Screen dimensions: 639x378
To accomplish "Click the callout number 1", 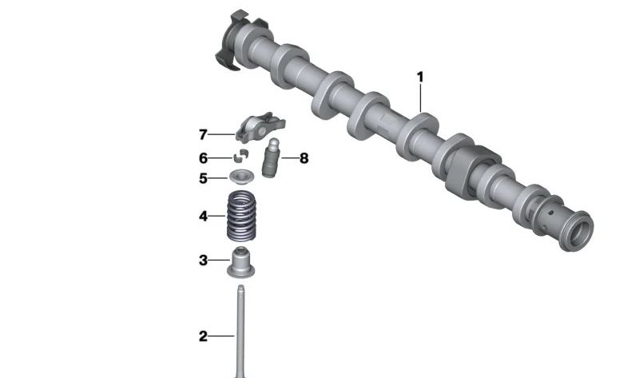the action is pyautogui.click(x=420, y=77).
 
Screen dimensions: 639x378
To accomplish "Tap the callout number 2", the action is pyautogui.click(x=203, y=336).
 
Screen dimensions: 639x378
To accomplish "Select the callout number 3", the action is pyautogui.click(x=203, y=261).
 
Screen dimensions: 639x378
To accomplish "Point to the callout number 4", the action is pyautogui.click(x=203, y=216).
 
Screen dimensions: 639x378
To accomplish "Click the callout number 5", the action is pyautogui.click(x=203, y=178).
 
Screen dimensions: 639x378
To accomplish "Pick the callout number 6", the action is pyautogui.click(x=203, y=157).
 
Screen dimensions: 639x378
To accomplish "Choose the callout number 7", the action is pyautogui.click(x=203, y=134).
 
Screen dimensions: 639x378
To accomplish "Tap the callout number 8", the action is pyautogui.click(x=304, y=158).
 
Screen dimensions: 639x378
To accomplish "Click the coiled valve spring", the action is pyautogui.click(x=241, y=216).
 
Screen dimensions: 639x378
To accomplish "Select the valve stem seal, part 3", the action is pyautogui.click(x=240, y=262).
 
